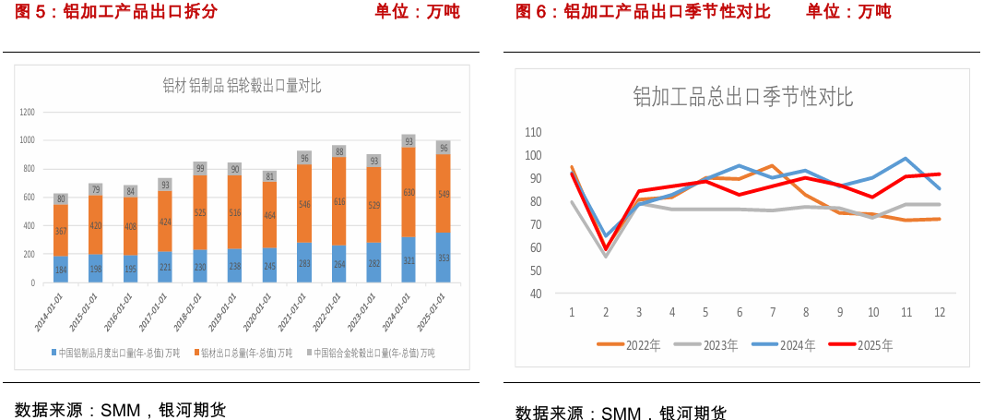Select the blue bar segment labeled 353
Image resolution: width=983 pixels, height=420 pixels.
(x=444, y=258)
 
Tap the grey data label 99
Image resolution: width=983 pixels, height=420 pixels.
(x=200, y=168)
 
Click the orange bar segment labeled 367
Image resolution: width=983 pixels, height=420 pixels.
(x=62, y=231)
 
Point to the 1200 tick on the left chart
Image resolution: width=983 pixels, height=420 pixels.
(x=27, y=112)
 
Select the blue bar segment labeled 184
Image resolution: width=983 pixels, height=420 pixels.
(x=62, y=270)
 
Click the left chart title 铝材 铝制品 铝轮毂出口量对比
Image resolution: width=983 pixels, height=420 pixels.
(x=242, y=87)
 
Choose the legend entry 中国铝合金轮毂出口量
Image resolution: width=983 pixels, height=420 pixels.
(x=373, y=354)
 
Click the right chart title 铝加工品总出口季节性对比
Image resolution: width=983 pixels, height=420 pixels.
(x=742, y=96)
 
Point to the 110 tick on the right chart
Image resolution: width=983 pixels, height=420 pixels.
(x=533, y=132)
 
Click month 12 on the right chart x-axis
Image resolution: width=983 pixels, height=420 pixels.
(x=939, y=312)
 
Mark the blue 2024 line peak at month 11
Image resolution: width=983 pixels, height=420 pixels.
(x=906, y=159)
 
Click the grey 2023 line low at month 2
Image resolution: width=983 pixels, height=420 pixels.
(x=605, y=256)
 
